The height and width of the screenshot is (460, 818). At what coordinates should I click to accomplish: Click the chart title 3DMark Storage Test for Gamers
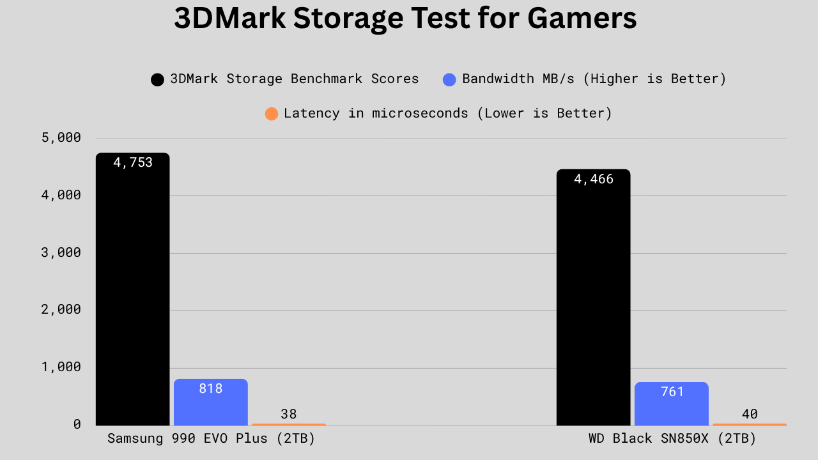pos(405,19)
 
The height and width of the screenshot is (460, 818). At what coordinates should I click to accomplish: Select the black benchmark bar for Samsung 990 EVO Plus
pos(133,294)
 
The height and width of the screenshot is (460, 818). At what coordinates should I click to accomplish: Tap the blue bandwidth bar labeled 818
pos(211,406)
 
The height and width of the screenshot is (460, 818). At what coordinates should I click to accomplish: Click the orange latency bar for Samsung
pos(289,424)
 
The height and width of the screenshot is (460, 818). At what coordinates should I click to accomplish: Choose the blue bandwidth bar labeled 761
pos(672,408)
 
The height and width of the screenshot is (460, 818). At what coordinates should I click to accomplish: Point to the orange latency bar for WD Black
pos(750,424)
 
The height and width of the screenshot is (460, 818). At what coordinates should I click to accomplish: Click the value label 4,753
pos(133,162)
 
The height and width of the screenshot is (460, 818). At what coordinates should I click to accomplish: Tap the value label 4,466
pos(594,179)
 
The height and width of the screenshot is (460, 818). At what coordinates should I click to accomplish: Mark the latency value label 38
pos(289,414)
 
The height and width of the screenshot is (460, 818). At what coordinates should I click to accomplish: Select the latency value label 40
pos(750,414)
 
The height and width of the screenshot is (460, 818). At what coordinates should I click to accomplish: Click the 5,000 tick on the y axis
pos(62,137)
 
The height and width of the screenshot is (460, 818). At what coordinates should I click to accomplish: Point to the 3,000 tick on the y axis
pos(62,252)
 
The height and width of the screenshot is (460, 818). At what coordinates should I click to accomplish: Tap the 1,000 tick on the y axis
pos(62,367)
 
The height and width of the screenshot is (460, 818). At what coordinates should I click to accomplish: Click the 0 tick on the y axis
pos(77,424)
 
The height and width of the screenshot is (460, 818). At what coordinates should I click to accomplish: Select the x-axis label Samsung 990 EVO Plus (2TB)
pos(212,439)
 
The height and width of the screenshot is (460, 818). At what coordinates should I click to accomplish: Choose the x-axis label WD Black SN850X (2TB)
pos(672,439)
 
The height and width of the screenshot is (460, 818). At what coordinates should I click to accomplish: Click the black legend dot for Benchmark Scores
pos(157,80)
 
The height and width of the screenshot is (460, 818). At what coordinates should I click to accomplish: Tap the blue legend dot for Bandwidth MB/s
pos(449,80)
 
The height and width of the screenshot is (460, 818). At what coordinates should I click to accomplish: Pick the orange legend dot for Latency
pos(272,114)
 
